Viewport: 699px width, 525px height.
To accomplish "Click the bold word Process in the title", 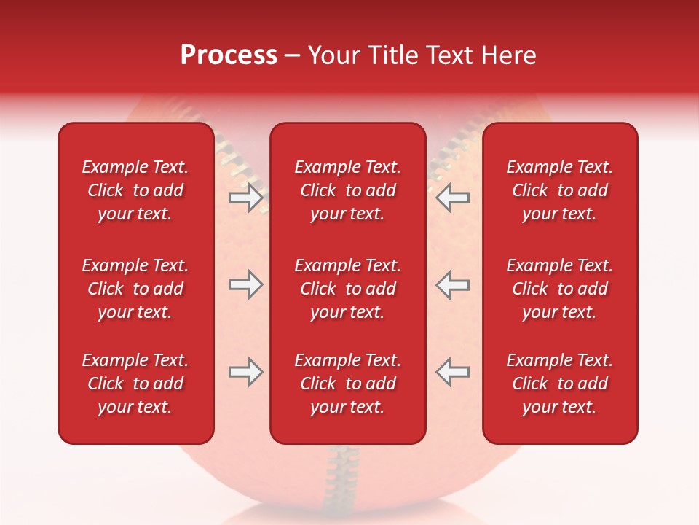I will (x=229, y=55).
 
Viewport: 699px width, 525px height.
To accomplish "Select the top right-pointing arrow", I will (x=246, y=198).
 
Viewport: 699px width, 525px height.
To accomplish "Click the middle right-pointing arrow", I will (x=246, y=285).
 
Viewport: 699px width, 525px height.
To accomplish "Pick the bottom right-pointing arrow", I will (x=246, y=372).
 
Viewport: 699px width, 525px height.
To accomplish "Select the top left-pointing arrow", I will (x=452, y=198).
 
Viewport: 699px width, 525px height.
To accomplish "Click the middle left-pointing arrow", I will (x=452, y=285).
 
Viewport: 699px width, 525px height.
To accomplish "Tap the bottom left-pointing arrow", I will (x=452, y=372).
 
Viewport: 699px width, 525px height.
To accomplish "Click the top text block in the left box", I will (x=135, y=190).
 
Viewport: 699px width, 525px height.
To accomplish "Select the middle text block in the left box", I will (x=135, y=289).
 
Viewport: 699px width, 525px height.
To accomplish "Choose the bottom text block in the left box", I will (x=135, y=384).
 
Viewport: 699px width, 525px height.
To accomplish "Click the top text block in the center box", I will (x=348, y=190).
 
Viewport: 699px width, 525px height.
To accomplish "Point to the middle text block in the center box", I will (x=348, y=289).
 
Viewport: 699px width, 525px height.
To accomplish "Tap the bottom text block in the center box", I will (x=348, y=384).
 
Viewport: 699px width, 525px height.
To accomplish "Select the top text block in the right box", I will (x=560, y=190).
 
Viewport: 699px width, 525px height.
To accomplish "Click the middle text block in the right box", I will (x=560, y=289).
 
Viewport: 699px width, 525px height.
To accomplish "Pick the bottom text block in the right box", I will (x=560, y=384).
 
